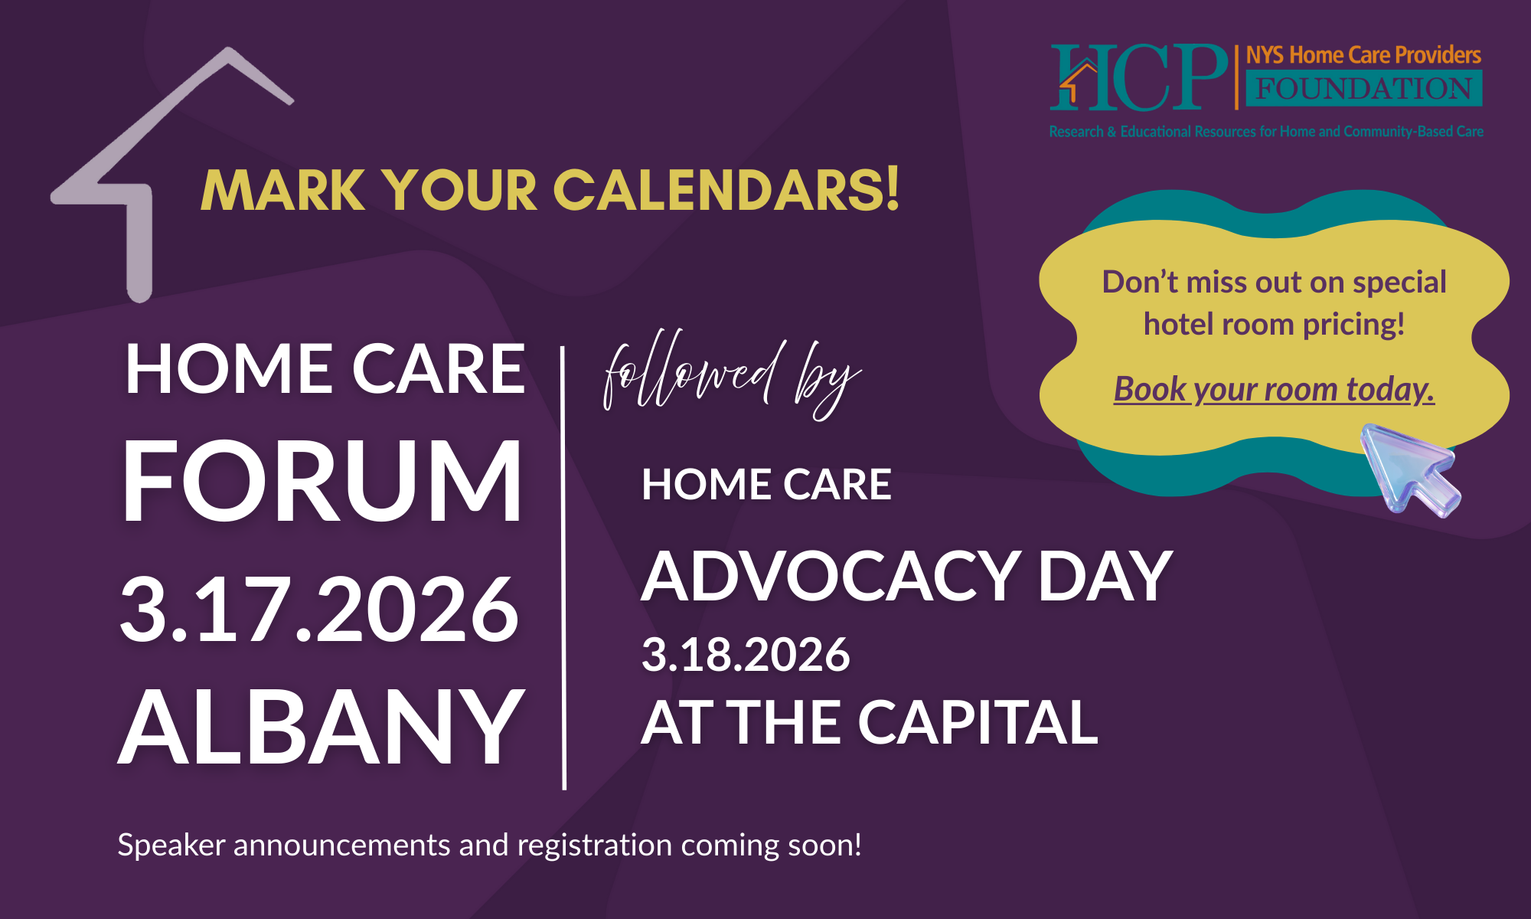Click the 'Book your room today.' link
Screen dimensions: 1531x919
[x=1274, y=389]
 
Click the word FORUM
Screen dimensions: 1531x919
[x=322, y=481]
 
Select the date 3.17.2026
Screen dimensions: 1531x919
[x=319, y=610]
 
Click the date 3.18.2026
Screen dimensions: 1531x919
[x=746, y=655]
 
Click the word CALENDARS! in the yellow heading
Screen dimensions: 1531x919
[x=726, y=190]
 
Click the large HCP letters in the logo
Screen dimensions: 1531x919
[x=1138, y=77]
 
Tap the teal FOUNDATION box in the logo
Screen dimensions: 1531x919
[x=1364, y=88]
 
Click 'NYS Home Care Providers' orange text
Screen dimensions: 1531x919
[x=1363, y=55]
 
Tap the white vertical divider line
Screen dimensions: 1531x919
[x=564, y=567]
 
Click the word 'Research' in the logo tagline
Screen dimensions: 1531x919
[x=1076, y=132]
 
